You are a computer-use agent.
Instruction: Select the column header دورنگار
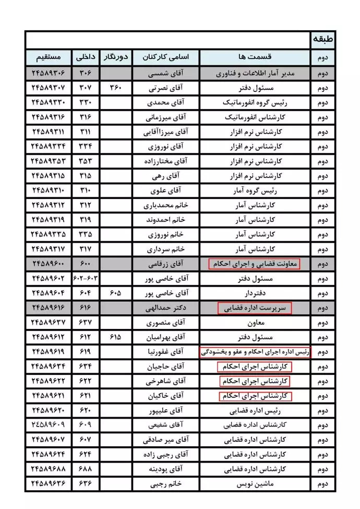(x=115, y=56)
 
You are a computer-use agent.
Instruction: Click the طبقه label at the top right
(x=323, y=40)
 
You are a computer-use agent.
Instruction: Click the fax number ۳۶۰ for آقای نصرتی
(x=115, y=88)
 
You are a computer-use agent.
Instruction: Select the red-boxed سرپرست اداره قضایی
(x=255, y=308)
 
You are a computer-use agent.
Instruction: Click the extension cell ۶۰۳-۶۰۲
(x=85, y=279)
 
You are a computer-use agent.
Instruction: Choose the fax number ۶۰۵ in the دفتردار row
(x=115, y=293)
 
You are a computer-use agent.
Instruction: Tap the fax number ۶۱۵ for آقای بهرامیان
(x=115, y=337)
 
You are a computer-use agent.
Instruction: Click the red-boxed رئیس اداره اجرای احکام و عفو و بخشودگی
(x=255, y=352)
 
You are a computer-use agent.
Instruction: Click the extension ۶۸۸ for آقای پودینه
(x=85, y=469)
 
